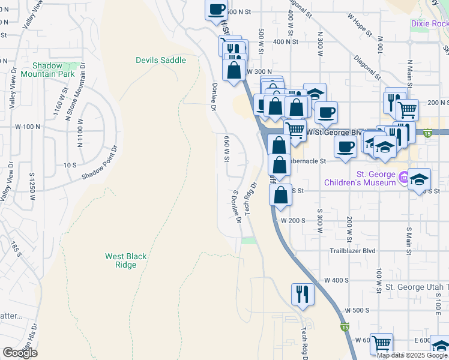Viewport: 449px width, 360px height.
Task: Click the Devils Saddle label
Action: point(160,60)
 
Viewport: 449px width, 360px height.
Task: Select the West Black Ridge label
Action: point(125,260)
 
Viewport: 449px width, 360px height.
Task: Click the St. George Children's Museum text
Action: point(360,178)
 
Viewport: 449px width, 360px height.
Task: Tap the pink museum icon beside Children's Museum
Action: point(404,177)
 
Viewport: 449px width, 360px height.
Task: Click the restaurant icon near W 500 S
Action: point(302,294)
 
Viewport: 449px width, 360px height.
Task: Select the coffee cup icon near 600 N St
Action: point(217,9)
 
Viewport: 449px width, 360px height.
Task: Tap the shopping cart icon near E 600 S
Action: point(381,344)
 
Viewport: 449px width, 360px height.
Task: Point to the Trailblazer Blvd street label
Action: point(352,251)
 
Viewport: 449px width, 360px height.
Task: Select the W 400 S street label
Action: point(336,280)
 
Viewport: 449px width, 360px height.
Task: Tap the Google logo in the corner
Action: point(20,353)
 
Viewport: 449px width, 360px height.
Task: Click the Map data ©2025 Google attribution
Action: point(412,355)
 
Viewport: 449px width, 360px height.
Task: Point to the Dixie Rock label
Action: point(429,23)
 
